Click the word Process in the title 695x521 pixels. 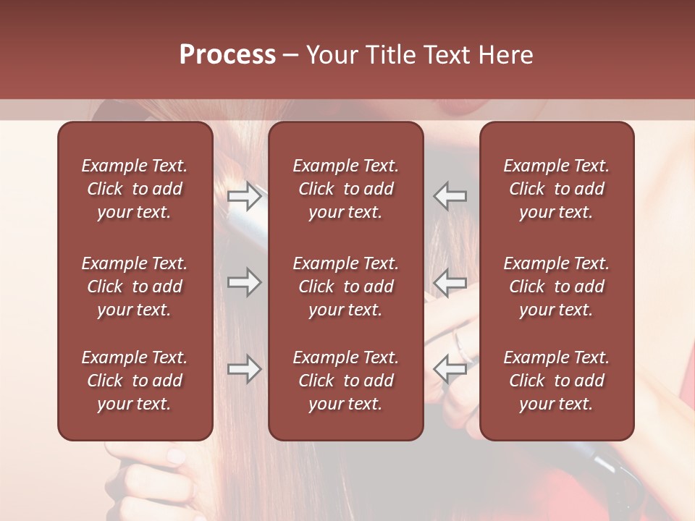[227, 55]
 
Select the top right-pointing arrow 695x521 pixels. [245, 196]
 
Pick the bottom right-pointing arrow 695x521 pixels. [245, 369]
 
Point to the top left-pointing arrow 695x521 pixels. [450, 196]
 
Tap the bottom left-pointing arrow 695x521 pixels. [450, 369]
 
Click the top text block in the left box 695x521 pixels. [135, 189]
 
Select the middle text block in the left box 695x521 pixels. [135, 287]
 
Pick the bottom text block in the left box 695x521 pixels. [135, 381]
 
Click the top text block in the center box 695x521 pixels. [346, 189]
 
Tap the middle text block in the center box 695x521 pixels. [346, 287]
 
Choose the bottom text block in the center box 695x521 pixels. [346, 381]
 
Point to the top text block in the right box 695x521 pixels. [557, 189]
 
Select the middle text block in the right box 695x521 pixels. [557, 287]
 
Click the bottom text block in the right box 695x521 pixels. [557, 381]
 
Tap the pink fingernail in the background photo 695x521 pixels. [176, 456]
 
